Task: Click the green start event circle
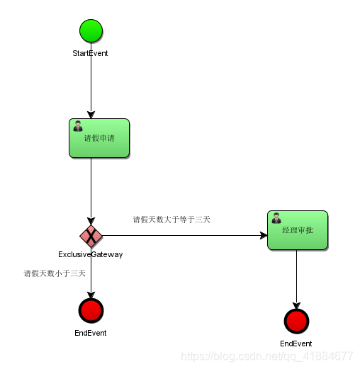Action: click(91, 31)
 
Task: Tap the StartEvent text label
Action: click(91, 53)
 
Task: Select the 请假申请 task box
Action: click(99, 138)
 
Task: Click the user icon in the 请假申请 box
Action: click(77, 126)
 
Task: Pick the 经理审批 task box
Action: click(297, 230)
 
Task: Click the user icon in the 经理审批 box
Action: click(276, 218)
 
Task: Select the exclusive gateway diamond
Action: click(91, 234)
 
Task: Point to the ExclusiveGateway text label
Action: click(91, 254)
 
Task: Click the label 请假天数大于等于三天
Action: click(171, 220)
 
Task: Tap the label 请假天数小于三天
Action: click(55, 273)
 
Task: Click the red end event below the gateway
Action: click(91, 310)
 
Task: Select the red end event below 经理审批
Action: click(296, 321)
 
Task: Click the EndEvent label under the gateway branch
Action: click(91, 332)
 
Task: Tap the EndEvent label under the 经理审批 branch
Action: click(296, 344)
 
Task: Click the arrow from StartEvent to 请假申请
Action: click(91, 81)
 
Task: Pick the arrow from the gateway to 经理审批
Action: click(184, 234)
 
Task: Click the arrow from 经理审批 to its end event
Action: click(296, 279)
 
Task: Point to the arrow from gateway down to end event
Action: click(91, 280)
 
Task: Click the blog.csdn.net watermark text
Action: click(267, 356)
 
